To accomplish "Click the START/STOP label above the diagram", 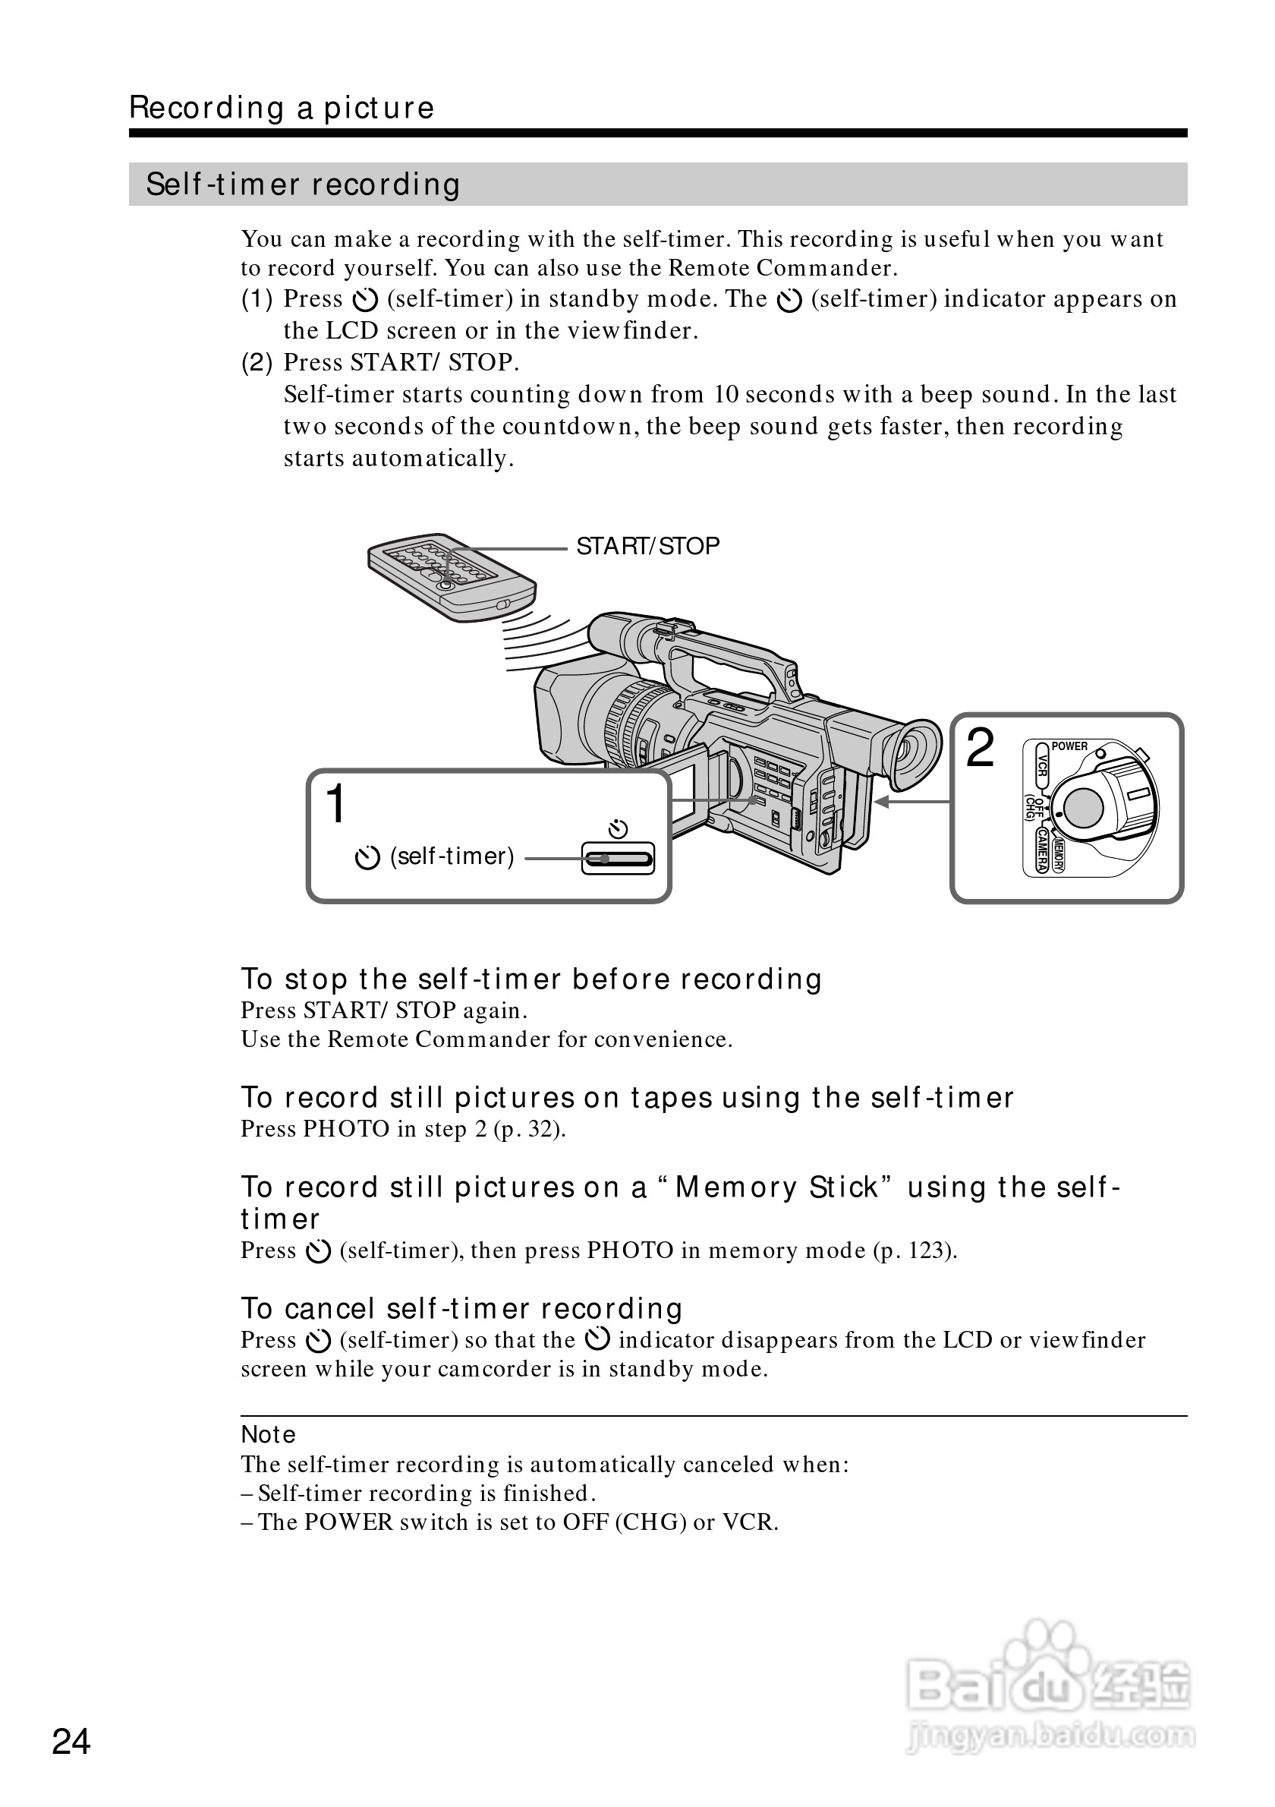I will (647, 546).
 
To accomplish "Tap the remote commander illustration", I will (451, 579).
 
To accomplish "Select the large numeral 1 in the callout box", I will (336, 804).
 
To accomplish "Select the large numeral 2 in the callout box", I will (979, 748).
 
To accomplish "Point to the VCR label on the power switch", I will (1041, 766).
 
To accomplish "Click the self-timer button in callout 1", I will (618, 858).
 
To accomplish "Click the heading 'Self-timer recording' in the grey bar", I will (303, 185).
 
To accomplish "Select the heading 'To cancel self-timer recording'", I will (461, 1308).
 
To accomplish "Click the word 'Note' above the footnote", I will (268, 1435).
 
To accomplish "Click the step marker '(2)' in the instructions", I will (257, 363).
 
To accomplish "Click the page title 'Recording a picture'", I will (282, 108).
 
